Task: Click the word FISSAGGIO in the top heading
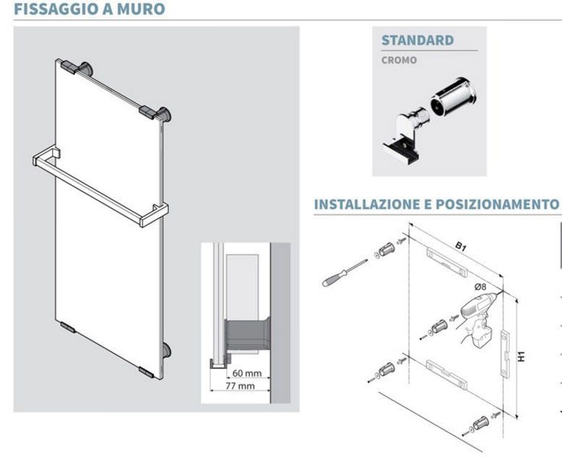(x=56, y=9)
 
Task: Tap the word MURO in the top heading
(x=141, y=9)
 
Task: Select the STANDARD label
(x=417, y=41)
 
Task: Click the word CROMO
(x=399, y=60)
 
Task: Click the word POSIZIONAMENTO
(x=498, y=204)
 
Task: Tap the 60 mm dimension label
(x=247, y=373)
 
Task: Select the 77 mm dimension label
(x=240, y=386)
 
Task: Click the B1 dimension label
(x=461, y=247)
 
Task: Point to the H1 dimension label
(x=521, y=357)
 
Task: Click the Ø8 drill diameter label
(x=480, y=286)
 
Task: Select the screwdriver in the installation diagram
(x=344, y=273)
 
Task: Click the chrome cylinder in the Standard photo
(x=454, y=97)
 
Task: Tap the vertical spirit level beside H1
(x=505, y=354)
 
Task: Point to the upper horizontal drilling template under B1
(x=446, y=263)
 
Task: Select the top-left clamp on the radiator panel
(x=69, y=67)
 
